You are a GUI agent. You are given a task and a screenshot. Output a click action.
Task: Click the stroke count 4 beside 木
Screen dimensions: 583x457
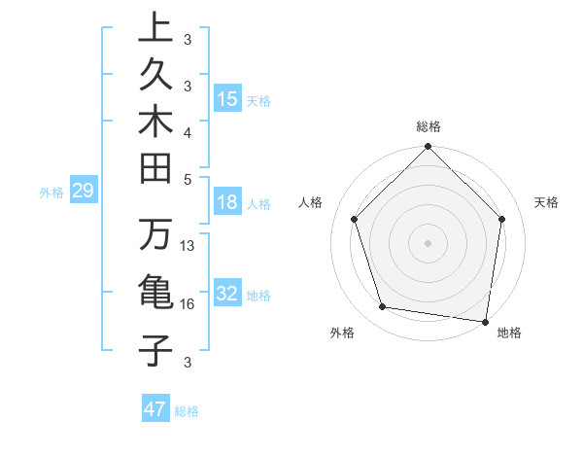click(188, 132)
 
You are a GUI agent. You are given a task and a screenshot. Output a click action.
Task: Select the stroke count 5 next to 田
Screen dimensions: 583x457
click(188, 179)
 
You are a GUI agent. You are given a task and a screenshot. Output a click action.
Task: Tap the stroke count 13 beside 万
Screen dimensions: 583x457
click(189, 246)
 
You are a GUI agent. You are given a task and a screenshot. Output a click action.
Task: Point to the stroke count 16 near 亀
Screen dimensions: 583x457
click(189, 304)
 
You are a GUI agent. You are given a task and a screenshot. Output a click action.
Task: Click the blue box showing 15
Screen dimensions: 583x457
click(227, 98)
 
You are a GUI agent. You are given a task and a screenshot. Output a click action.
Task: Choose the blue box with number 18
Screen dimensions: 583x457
click(227, 203)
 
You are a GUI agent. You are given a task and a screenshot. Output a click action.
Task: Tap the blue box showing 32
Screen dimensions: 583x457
click(227, 294)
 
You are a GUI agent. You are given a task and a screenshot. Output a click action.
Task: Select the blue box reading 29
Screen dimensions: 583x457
click(83, 192)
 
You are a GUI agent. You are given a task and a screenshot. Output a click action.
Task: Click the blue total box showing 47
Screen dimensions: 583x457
click(155, 408)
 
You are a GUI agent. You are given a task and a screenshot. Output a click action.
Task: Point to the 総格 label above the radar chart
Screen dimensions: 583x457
click(429, 126)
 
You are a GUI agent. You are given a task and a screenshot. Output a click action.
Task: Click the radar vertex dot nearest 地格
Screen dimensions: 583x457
click(485, 321)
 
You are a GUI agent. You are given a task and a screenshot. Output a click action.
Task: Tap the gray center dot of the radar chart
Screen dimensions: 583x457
click(429, 242)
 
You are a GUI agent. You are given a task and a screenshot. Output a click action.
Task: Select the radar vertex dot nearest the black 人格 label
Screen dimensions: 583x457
click(355, 219)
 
